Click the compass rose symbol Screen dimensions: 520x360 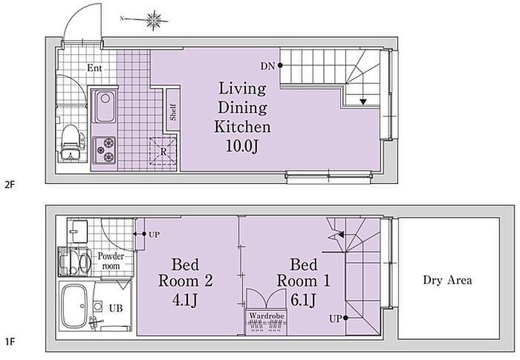coord(154,20)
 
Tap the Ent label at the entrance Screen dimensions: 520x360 coord(94,68)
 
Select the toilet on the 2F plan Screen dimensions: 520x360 coord(71,143)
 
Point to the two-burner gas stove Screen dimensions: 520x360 coord(104,150)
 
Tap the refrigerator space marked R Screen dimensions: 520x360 coord(163,151)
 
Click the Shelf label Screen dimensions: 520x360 coord(173,112)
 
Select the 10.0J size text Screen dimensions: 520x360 coord(241,145)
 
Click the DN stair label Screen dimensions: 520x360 coord(267,66)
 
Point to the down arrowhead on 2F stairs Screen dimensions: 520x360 coord(363,102)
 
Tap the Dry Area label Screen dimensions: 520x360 coord(447,280)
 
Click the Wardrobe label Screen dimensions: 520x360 coord(267,315)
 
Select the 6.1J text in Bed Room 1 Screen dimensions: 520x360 coord(303,300)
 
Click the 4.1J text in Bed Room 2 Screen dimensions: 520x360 coord(185,301)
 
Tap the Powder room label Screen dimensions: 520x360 coord(111,261)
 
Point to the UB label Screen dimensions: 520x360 coord(116,308)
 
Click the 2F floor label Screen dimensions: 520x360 coord(10,184)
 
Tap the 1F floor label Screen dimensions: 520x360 coord(10,341)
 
